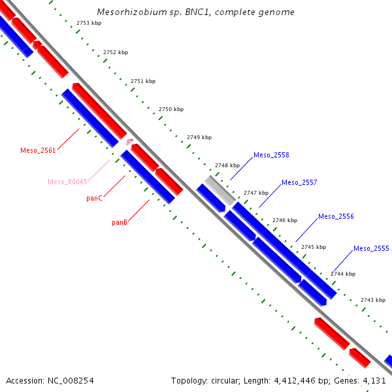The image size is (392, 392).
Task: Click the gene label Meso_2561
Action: click(x=38, y=150)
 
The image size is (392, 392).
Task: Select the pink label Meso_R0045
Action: click(x=67, y=182)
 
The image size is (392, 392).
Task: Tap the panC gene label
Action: click(x=94, y=198)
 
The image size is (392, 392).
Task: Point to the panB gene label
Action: click(x=119, y=222)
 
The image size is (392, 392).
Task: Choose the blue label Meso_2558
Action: click(x=271, y=155)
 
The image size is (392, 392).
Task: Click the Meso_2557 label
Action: click(x=299, y=182)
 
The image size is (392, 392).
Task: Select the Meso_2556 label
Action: click(x=336, y=216)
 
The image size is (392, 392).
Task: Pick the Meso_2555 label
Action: click(x=371, y=248)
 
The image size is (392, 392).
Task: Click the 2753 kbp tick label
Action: click(x=88, y=23)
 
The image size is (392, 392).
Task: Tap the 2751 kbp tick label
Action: click(x=143, y=81)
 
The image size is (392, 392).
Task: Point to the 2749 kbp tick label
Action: click(x=199, y=137)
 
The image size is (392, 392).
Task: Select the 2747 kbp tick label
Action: click(x=256, y=193)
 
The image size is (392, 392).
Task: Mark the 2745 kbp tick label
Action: click(x=313, y=247)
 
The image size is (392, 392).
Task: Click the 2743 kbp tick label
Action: click(x=372, y=300)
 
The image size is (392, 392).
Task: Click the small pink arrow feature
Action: click(x=129, y=141)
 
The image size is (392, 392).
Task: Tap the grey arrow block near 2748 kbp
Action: click(x=219, y=189)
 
